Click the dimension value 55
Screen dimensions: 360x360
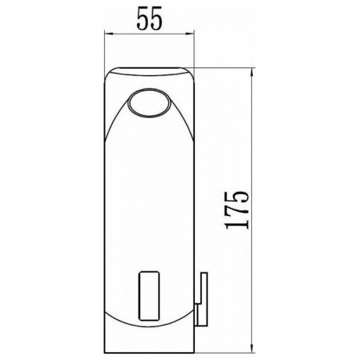tap(149, 18)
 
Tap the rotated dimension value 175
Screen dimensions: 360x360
tap(237, 211)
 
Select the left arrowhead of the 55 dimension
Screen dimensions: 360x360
tap(108, 34)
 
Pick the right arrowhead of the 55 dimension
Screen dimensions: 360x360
tap(190, 34)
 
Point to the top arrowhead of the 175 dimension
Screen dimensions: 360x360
tap(252, 72)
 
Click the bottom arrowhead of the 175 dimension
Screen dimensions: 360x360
tap(252, 349)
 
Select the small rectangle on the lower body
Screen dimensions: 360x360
tap(149, 296)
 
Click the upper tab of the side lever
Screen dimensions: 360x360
tap(203, 288)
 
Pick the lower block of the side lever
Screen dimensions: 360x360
tap(201, 315)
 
